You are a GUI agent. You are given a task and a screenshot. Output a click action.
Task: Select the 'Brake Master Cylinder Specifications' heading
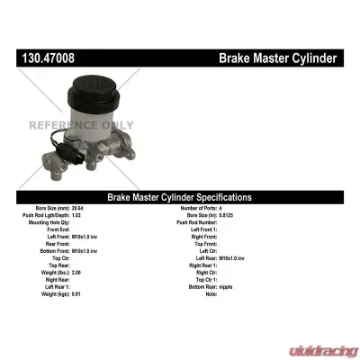[179, 197]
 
